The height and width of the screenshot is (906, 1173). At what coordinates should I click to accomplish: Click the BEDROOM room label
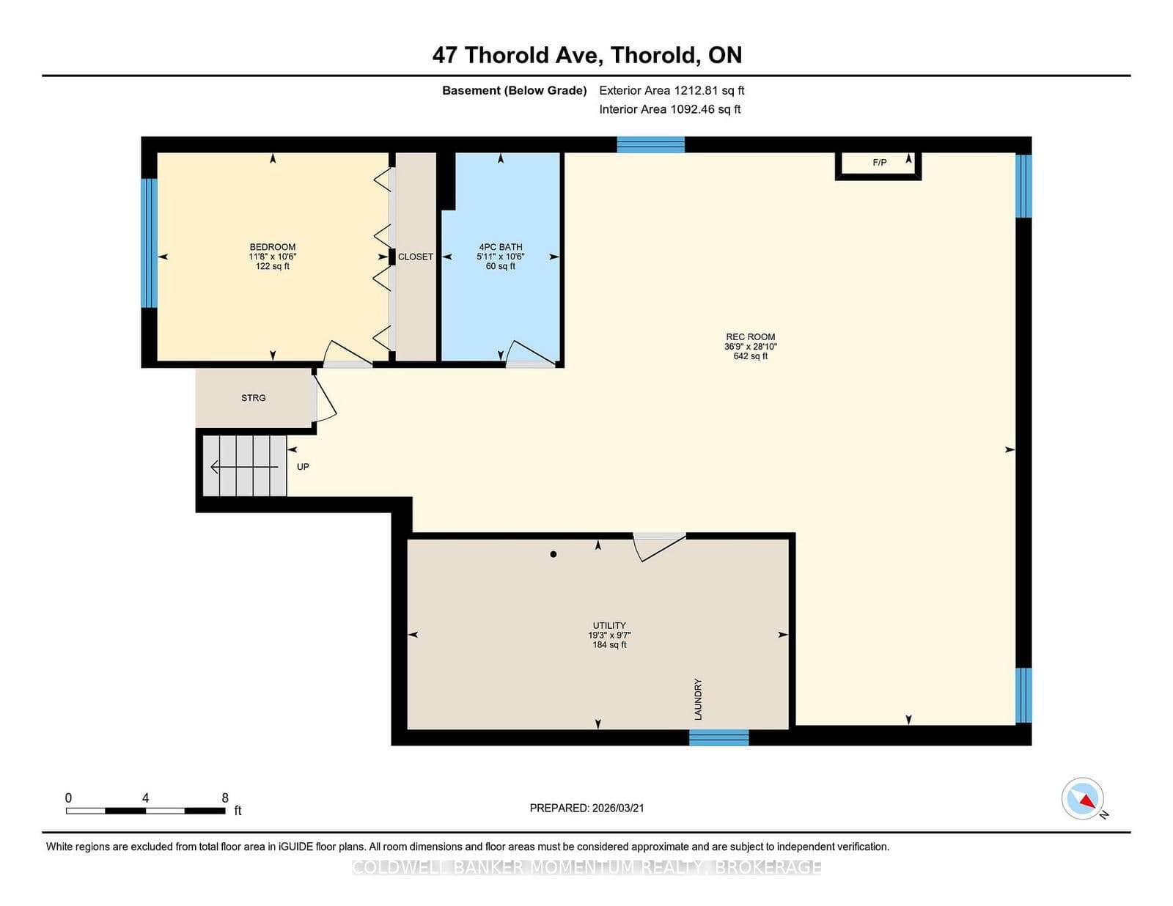(x=272, y=248)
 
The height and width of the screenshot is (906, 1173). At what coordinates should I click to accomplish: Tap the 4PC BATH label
(x=501, y=248)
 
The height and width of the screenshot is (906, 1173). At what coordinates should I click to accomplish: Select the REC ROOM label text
(x=750, y=338)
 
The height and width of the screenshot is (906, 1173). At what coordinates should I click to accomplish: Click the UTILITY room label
(x=609, y=626)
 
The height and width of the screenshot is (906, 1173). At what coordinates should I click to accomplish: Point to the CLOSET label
(x=416, y=257)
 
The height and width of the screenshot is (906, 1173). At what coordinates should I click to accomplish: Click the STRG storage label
(x=254, y=398)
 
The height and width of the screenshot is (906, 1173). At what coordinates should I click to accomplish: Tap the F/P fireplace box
(x=878, y=163)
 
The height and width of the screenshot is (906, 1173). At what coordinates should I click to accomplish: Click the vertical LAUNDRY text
(x=698, y=699)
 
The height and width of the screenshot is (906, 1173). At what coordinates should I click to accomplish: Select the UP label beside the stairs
(x=303, y=467)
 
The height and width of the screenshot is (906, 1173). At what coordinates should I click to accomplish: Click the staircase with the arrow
(x=245, y=466)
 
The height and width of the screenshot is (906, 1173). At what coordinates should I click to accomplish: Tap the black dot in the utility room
(x=554, y=554)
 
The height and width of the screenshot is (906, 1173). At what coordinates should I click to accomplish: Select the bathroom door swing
(x=530, y=354)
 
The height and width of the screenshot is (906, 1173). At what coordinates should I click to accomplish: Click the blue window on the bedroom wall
(x=149, y=243)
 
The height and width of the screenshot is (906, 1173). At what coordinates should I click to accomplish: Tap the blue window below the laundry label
(x=718, y=737)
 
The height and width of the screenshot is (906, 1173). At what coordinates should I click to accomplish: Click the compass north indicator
(x=1083, y=799)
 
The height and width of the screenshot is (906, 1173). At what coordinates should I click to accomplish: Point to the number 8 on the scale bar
(x=225, y=798)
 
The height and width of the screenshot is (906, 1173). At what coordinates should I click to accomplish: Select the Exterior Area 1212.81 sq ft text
(x=672, y=91)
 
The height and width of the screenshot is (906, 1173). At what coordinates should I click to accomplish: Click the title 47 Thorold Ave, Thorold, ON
(x=586, y=55)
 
